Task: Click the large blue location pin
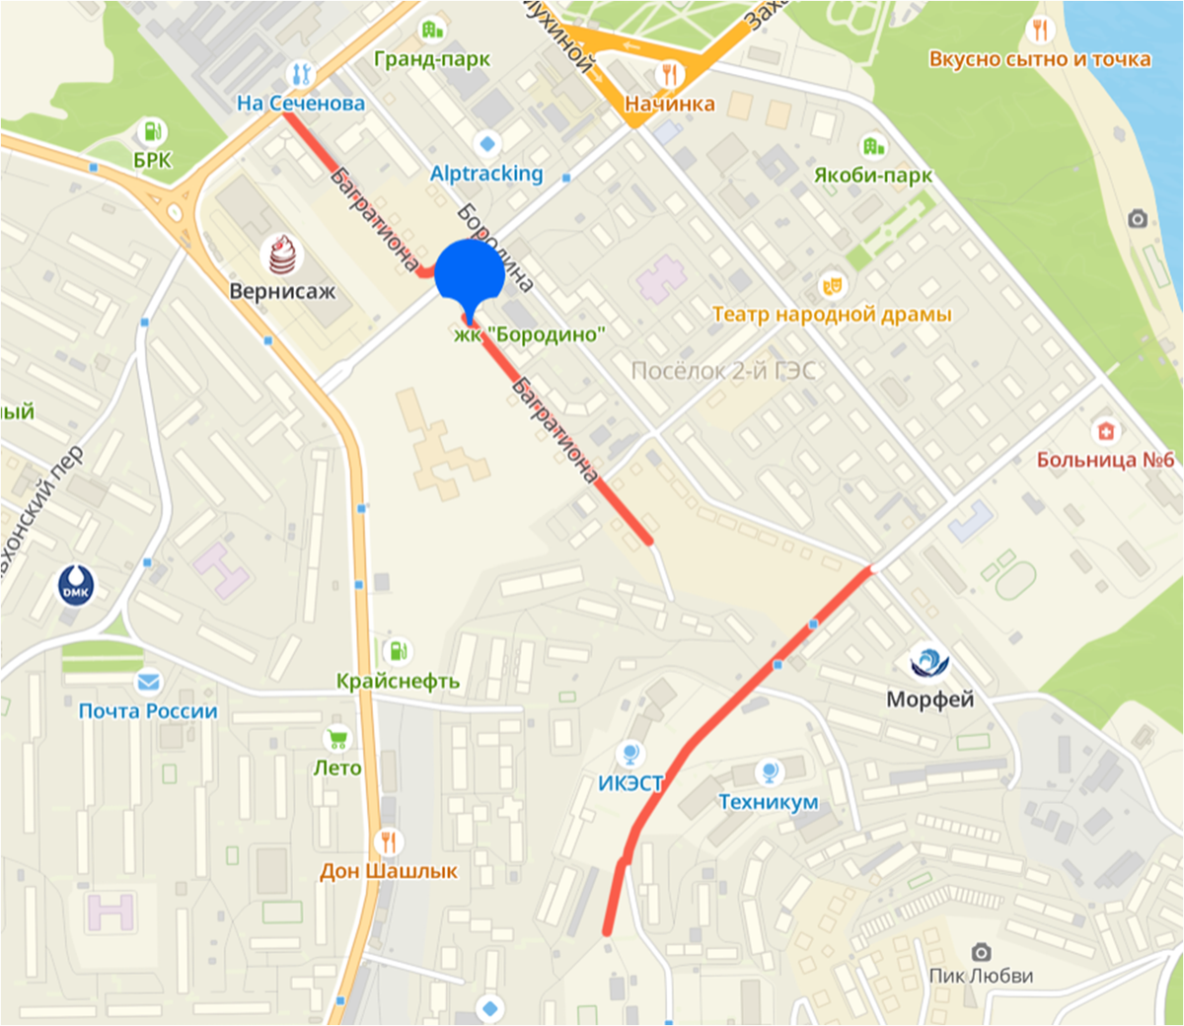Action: click(x=470, y=273)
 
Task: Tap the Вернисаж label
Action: click(x=282, y=291)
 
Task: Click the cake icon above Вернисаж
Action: click(x=282, y=255)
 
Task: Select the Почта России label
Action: click(x=148, y=710)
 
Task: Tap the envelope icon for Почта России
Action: click(x=148, y=681)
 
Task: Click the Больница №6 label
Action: click(x=1105, y=460)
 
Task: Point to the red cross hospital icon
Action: click(x=1106, y=431)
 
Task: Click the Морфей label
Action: click(x=929, y=699)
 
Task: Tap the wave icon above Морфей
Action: click(x=928, y=662)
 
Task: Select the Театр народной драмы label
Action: click(x=832, y=315)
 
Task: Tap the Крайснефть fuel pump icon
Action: click(x=397, y=651)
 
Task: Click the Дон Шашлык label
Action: click(x=389, y=871)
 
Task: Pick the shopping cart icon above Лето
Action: click(x=337, y=738)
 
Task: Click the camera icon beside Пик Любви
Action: click(x=981, y=951)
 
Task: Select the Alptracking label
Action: click(x=486, y=174)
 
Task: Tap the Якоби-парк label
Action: click(x=872, y=176)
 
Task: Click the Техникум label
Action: click(x=769, y=802)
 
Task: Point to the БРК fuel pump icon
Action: click(x=152, y=130)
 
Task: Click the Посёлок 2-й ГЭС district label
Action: click(x=723, y=371)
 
